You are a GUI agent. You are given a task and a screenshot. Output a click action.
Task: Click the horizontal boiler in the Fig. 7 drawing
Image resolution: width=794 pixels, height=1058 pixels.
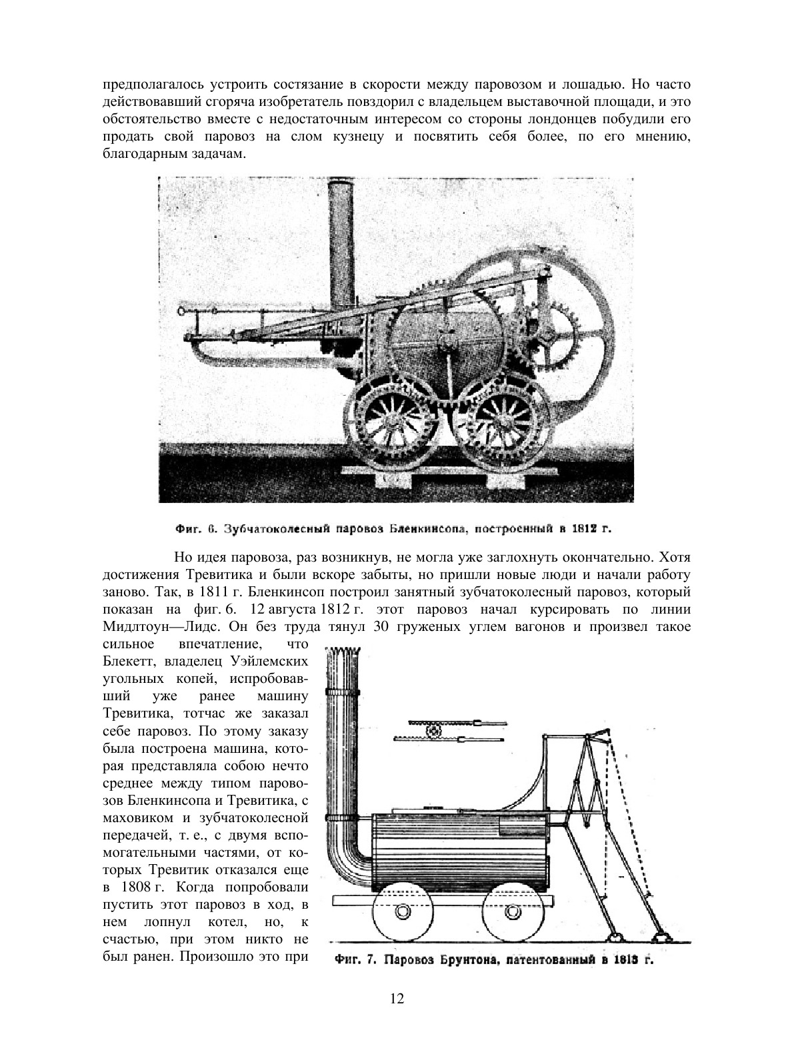(x=459, y=852)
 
